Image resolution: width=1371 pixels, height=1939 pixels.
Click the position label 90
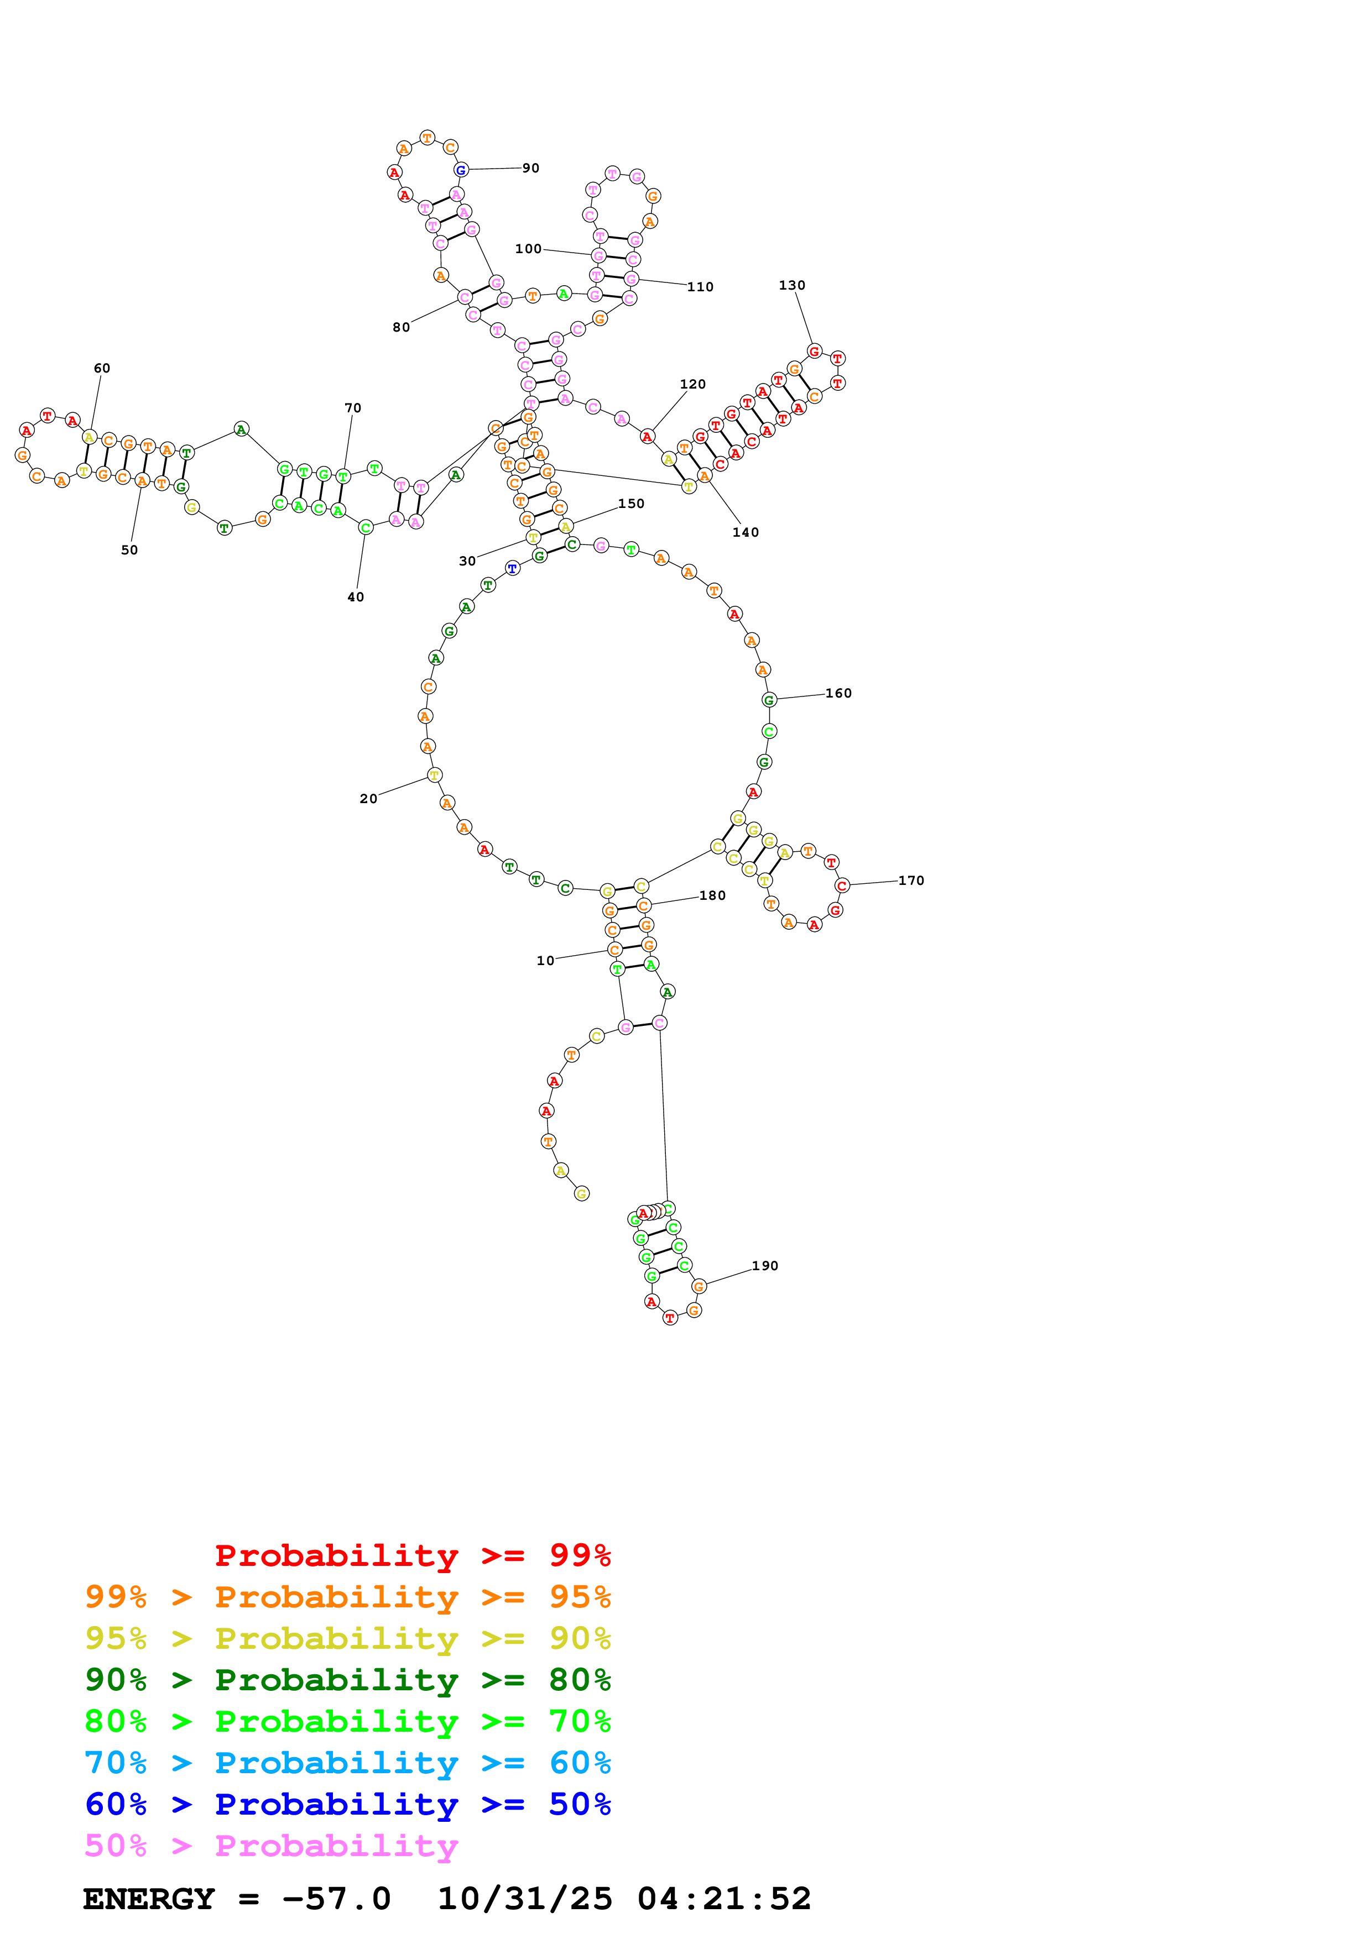click(530, 168)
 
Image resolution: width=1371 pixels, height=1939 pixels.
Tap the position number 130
click(791, 285)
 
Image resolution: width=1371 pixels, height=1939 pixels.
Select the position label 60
click(101, 368)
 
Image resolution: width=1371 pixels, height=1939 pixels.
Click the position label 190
click(764, 1265)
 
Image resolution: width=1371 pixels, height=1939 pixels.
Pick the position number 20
click(368, 798)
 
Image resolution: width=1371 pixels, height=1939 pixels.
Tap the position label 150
click(631, 504)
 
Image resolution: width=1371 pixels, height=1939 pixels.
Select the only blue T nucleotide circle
click(512, 568)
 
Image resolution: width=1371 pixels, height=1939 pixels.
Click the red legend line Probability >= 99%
click(412, 1555)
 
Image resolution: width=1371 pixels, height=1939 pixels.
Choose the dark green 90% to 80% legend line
click(347, 1680)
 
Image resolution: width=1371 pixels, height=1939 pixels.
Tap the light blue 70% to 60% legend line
click(347, 1763)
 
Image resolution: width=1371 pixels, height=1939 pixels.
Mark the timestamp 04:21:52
click(724, 1899)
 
